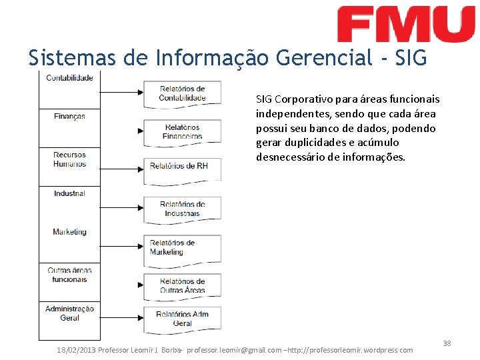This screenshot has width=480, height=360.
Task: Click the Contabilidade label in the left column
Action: click(69, 78)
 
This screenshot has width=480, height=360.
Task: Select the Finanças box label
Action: click(69, 117)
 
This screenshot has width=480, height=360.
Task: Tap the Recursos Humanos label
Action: click(69, 159)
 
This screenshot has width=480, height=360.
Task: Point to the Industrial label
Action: click(69, 193)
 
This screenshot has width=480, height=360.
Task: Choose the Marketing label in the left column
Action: click(69, 232)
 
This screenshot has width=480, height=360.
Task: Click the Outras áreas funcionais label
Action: click(69, 275)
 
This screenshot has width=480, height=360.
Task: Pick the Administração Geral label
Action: click(69, 313)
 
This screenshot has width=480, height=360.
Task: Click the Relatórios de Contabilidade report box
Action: click(182, 93)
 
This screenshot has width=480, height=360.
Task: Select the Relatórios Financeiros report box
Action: click(182, 131)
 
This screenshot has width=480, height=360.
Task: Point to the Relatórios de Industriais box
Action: click(182, 209)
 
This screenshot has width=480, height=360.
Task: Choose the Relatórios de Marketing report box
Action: click(182, 248)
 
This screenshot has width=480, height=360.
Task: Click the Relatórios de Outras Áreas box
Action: click(182, 285)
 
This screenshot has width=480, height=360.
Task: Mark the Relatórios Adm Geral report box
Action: click(182, 319)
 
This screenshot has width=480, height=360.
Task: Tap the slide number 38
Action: click(447, 343)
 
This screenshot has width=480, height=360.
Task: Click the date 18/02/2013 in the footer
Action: click(76, 350)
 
